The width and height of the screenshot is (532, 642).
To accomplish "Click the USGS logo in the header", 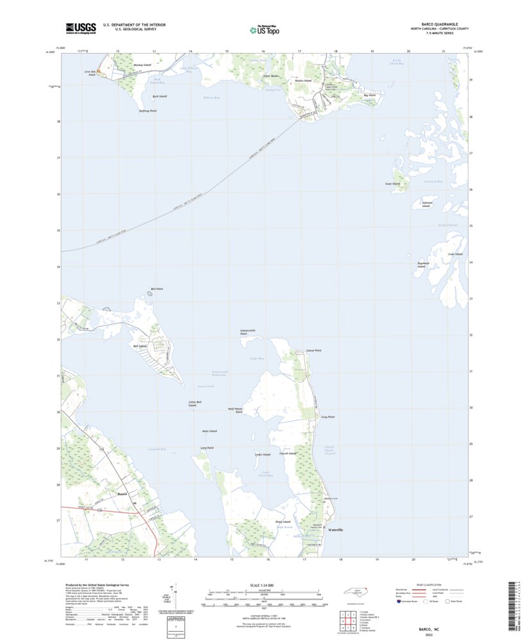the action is [81, 28].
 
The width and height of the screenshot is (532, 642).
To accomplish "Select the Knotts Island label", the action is [303, 81].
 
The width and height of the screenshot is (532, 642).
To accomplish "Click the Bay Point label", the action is [369, 95].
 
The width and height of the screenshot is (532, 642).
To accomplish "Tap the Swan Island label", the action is [392, 184].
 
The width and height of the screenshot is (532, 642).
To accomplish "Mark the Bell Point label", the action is [156, 289].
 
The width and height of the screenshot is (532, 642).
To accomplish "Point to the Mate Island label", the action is [209, 431].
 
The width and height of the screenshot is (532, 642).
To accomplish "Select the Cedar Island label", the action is [262, 454].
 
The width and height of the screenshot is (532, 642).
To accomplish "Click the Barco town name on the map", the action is [124, 494].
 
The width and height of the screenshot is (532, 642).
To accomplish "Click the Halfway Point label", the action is [147, 111].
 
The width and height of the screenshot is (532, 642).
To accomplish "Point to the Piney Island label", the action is [283, 522].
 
